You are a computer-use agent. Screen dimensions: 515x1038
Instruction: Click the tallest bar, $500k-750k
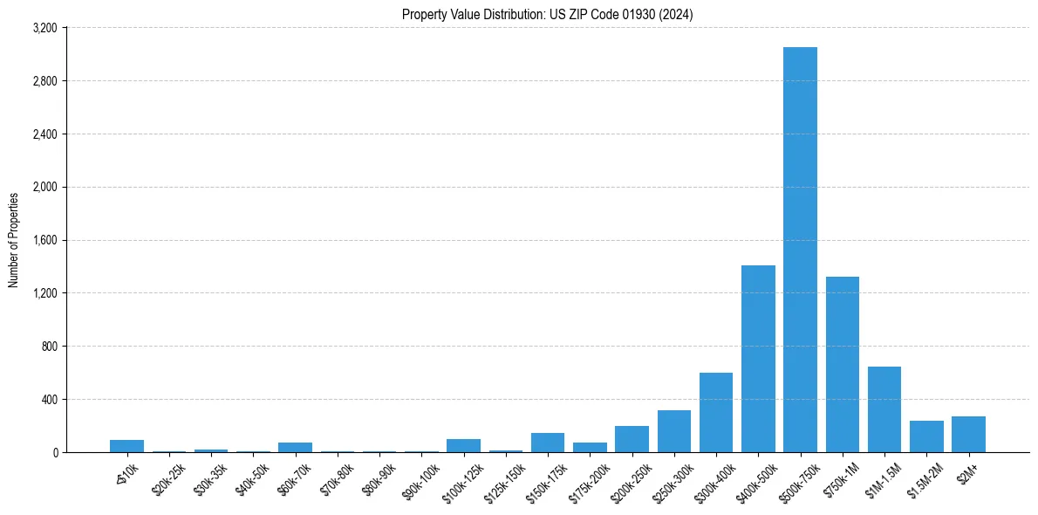pos(800,250)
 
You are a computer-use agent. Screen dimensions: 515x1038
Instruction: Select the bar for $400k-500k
pos(758,359)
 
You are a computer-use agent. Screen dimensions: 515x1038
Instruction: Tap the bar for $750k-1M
pos(843,365)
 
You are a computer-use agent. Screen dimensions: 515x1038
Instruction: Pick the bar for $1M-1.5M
pos(884,409)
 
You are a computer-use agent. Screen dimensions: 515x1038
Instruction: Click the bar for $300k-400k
pos(716,413)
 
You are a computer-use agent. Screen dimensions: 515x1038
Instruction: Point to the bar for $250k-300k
pos(674,431)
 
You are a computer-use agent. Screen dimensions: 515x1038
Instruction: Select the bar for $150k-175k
pos(548,443)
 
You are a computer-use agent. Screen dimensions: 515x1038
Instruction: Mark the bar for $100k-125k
pos(463,445)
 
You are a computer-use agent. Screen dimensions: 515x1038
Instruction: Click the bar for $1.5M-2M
pos(926,436)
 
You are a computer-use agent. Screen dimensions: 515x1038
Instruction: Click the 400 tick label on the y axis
pos(51,399)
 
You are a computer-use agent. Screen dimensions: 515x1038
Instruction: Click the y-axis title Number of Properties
pos(13,240)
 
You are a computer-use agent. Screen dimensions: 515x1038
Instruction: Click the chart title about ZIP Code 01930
pos(547,14)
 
